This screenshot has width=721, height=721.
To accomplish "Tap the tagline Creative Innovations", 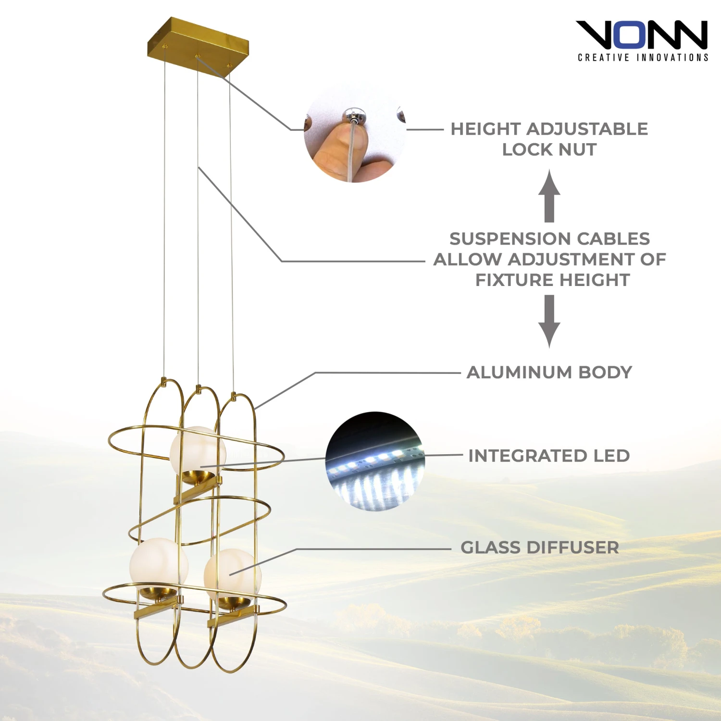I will pyautogui.click(x=643, y=58).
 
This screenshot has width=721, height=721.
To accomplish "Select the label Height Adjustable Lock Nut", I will pyautogui.click(x=549, y=139).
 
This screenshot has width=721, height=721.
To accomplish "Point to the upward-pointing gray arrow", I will pyautogui.click(x=549, y=196).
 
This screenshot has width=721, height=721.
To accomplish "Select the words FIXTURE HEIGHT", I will pyautogui.click(x=552, y=280).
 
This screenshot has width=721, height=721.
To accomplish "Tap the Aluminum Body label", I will pyautogui.click(x=549, y=372).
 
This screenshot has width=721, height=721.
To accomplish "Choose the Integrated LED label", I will pyautogui.click(x=549, y=456).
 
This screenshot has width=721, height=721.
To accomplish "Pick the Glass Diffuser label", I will pyautogui.click(x=539, y=547).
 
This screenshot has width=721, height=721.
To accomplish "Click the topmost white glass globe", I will pyautogui.click(x=197, y=449).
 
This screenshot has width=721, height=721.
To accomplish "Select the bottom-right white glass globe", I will pyautogui.click(x=233, y=573).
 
